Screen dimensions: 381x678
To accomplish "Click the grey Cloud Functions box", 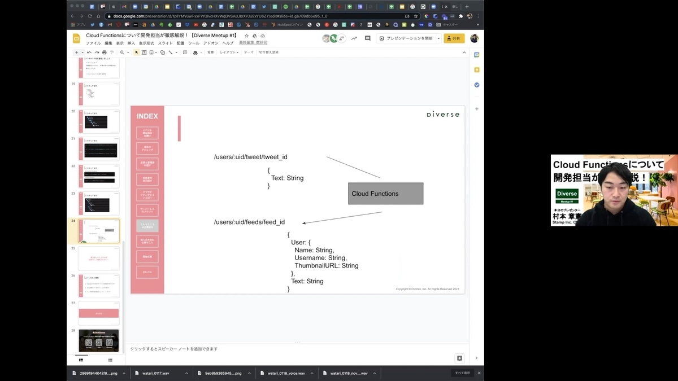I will [385, 194].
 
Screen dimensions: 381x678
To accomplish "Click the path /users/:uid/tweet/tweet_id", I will [250, 156].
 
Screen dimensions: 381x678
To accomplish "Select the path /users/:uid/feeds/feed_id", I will [249, 222].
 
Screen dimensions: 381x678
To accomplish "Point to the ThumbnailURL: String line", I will [326, 265].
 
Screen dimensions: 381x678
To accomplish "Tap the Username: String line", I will [320, 257].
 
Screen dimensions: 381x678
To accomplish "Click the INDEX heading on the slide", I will [147, 116].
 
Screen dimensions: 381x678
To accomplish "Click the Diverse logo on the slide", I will [442, 115].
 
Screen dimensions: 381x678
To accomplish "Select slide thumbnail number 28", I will [99, 340].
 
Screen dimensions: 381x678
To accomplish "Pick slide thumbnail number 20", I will [99, 121].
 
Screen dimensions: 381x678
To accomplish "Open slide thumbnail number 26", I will [99, 286].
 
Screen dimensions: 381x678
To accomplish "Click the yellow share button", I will [454, 38].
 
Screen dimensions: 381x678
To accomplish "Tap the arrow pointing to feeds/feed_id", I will [342, 218].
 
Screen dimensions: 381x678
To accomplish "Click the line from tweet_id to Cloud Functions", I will [353, 167].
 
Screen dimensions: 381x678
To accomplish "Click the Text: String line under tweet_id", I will [287, 178].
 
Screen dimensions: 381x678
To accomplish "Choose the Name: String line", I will [314, 250].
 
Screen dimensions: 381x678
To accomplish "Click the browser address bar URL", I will [220, 16].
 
